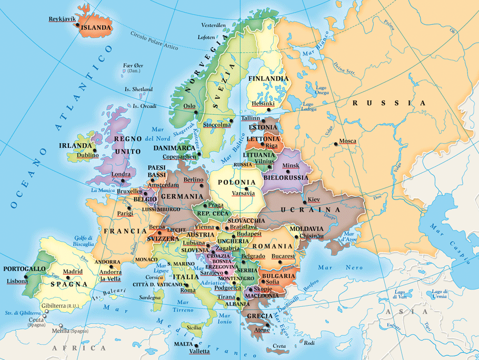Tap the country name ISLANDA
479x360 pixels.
coord(96,27)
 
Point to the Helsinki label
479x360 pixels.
coord(263,104)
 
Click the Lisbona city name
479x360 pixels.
coord(17,281)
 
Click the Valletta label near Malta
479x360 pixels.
coord(199,351)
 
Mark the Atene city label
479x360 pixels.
coord(262,330)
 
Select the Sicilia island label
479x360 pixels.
coord(194,327)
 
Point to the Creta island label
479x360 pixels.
coord(279,346)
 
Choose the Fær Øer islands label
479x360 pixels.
coord(133,68)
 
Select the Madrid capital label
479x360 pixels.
coord(73,272)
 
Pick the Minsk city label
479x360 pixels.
coord(291,166)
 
